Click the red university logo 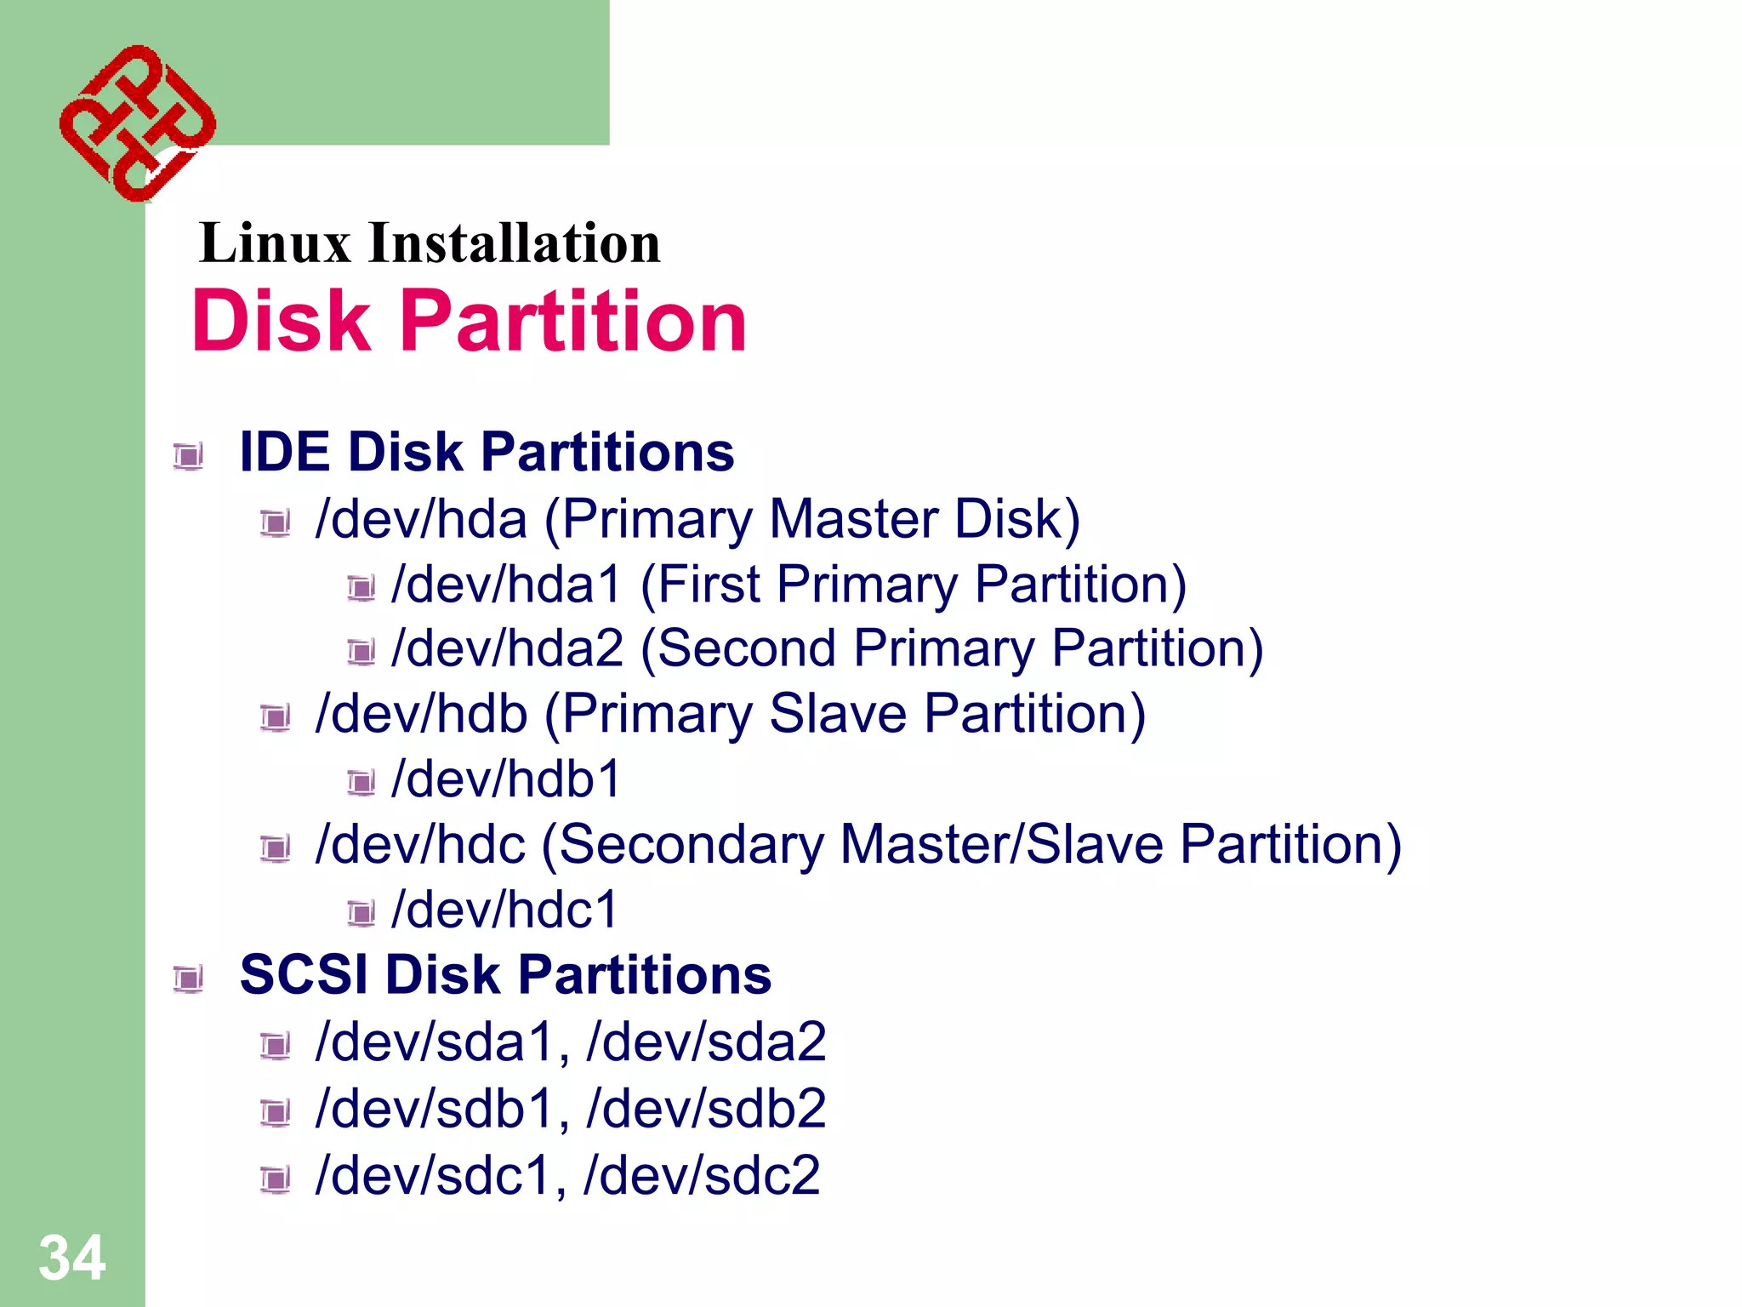137,123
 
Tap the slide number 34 71,1258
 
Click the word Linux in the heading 274,243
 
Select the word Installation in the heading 514,243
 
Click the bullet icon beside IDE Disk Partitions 188,456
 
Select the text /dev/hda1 506,585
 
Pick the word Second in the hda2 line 746,649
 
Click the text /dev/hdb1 506,779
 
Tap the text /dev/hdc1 504,910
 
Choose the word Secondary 691,845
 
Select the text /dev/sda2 706,1042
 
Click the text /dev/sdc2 702,1176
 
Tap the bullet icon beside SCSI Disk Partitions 188,979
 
